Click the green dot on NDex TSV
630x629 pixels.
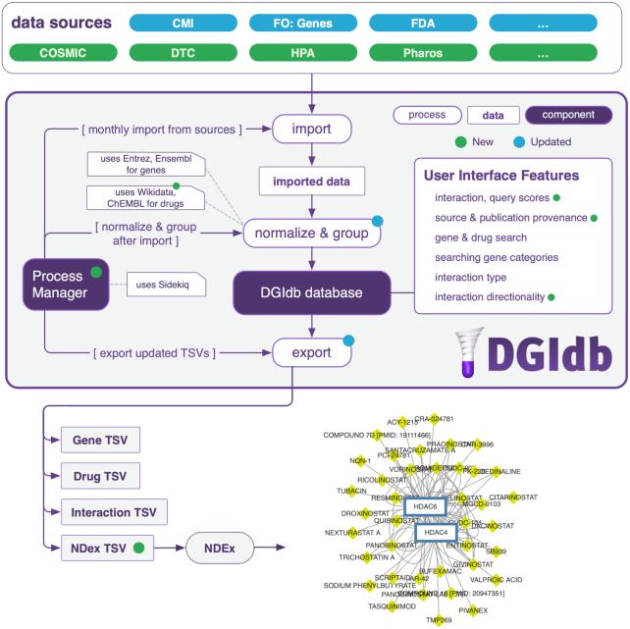(x=138, y=547)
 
